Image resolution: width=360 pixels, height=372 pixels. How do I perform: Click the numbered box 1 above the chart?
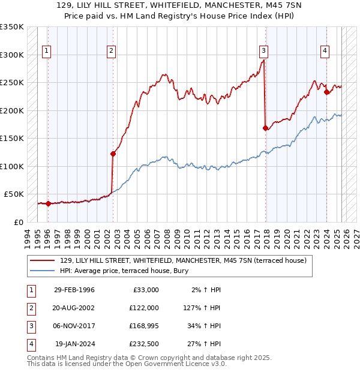click(47, 51)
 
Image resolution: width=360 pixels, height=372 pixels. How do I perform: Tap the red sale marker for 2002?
click(113, 154)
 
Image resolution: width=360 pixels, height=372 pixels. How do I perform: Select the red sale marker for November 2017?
click(265, 128)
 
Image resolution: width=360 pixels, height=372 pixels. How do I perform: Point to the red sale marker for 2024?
click(326, 92)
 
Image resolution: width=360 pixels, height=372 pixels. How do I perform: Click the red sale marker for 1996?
click(48, 203)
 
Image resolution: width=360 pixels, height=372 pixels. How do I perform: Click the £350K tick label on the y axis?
click(12, 28)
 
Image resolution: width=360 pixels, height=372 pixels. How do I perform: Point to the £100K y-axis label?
click(12, 166)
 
